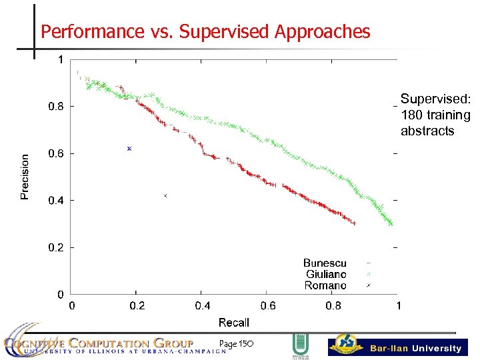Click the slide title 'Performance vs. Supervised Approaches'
205,31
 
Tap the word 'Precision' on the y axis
25,177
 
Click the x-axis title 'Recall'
233,323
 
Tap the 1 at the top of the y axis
61,59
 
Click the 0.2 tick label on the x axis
137,306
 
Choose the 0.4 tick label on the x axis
202,306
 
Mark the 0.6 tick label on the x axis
267,306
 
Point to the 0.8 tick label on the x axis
333,306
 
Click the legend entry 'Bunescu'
325,263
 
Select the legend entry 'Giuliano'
326,274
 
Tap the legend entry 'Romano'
325,285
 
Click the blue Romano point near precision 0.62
129,148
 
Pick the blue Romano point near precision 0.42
165,195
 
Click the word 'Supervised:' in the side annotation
435,99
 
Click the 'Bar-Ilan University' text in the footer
415,348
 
